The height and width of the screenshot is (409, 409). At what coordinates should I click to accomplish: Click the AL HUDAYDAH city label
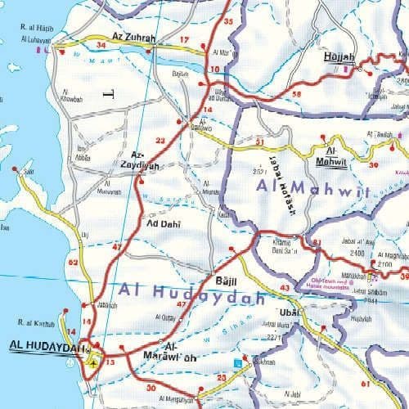[x=47, y=348]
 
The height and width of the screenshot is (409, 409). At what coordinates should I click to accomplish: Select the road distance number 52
[x=74, y=263]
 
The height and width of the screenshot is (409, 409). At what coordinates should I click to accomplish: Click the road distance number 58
[x=295, y=96]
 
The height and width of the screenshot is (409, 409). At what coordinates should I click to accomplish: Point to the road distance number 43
[x=285, y=289]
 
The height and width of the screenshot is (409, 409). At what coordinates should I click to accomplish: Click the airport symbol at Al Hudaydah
[x=97, y=360]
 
